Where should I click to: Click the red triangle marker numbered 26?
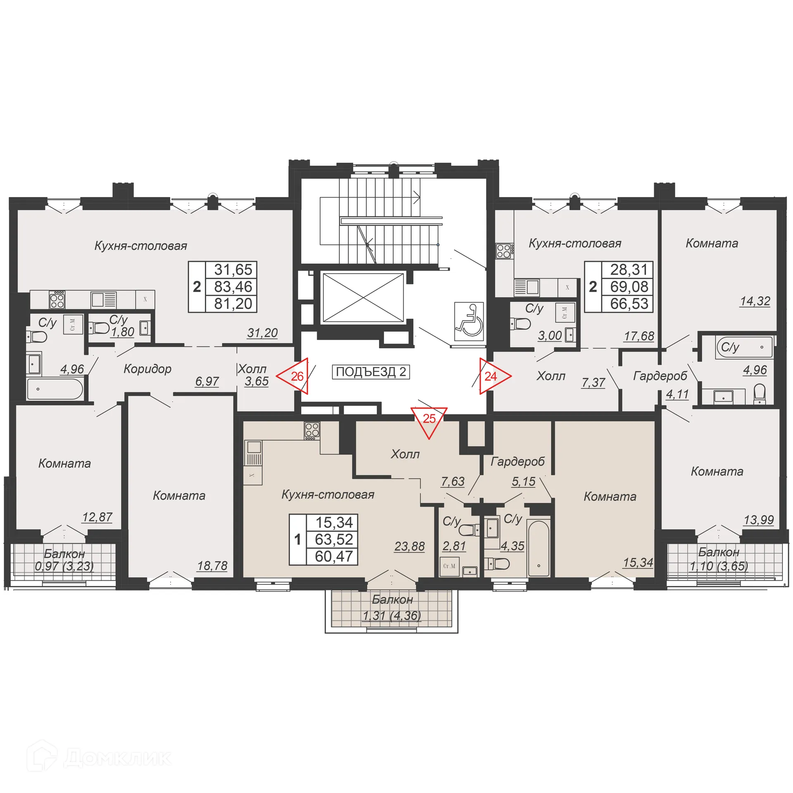[x=294, y=376]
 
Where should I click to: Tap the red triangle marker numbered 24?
[x=493, y=376]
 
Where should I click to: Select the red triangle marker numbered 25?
[x=429, y=420]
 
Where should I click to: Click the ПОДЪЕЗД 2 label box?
[x=370, y=372]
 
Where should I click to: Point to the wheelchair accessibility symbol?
[x=469, y=321]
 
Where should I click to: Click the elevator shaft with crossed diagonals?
[x=363, y=297]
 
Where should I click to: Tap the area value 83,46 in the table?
[x=233, y=287]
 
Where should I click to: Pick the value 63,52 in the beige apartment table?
[x=334, y=539]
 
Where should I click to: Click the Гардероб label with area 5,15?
[x=518, y=462]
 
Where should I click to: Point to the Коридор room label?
[x=147, y=369]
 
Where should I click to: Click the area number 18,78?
[x=212, y=565]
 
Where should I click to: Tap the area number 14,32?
[x=755, y=301]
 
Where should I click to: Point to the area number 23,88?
[x=409, y=546]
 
